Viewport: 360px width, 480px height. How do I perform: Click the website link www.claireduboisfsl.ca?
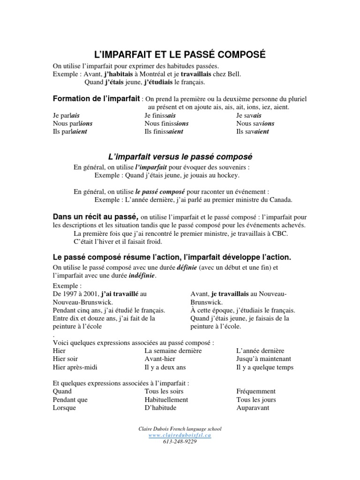[x=180, y=435]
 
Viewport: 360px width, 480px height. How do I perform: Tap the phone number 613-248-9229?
[x=180, y=441]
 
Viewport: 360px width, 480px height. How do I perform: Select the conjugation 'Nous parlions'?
[x=73, y=123]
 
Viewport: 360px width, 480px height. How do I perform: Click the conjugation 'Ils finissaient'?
[x=164, y=132]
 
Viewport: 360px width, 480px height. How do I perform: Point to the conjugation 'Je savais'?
[x=249, y=115]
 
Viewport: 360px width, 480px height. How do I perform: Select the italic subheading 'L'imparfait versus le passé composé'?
[x=180, y=156]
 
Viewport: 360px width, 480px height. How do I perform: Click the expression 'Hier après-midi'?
[x=75, y=367]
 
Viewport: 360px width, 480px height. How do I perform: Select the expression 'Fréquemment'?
[x=256, y=391]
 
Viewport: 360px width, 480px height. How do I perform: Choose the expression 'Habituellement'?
[x=166, y=400]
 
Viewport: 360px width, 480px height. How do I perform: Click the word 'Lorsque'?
[x=65, y=408]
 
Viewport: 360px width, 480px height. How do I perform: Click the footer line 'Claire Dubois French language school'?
[x=180, y=428]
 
